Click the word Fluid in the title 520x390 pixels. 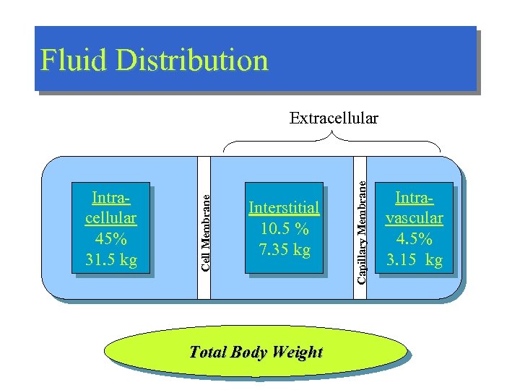click(x=71, y=60)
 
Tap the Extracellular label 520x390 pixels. click(x=334, y=118)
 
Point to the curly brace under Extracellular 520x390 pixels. click(x=334, y=142)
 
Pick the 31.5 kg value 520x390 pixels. click(x=110, y=259)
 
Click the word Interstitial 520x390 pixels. click(x=283, y=208)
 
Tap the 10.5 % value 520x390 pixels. click(x=283, y=229)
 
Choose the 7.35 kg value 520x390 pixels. click(x=283, y=250)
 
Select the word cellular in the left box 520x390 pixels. click(x=110, y=218)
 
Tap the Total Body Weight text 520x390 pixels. click(x=255, y=352)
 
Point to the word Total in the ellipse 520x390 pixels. click(x=207, y=352)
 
